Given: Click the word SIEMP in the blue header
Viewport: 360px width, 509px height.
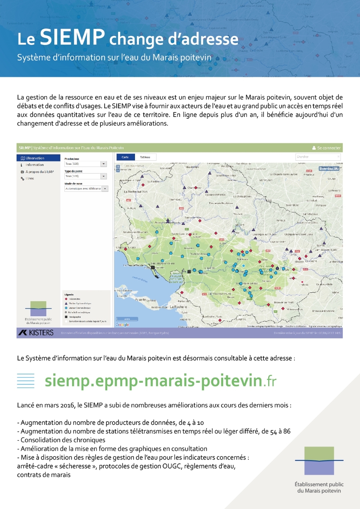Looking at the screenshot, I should [72, 37].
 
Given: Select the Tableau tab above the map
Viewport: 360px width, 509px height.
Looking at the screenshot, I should [145, 157].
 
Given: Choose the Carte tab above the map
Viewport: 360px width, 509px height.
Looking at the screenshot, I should [125, 157].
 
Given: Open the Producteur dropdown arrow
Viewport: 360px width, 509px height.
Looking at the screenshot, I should [104, 164].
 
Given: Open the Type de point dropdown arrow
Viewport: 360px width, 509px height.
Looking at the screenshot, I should [104, 176].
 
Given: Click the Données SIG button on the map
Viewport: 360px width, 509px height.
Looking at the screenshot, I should [329, 168].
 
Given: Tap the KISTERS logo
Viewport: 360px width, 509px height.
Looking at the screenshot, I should [36, 333].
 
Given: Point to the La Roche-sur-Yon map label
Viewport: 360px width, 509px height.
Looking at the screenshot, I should [135, 192].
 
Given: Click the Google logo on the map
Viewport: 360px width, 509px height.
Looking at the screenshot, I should [122, 325].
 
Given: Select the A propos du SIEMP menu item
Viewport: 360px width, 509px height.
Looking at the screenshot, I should [39, 172].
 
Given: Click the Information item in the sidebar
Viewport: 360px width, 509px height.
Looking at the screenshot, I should [35, 165].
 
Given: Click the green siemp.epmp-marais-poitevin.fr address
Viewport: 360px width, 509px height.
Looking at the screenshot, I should [160, 381].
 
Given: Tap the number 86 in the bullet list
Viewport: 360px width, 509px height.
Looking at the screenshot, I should [287, 431].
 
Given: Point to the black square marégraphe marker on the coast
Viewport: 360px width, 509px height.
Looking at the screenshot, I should [153, 268].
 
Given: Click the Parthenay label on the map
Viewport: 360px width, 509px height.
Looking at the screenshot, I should [318, 197].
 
